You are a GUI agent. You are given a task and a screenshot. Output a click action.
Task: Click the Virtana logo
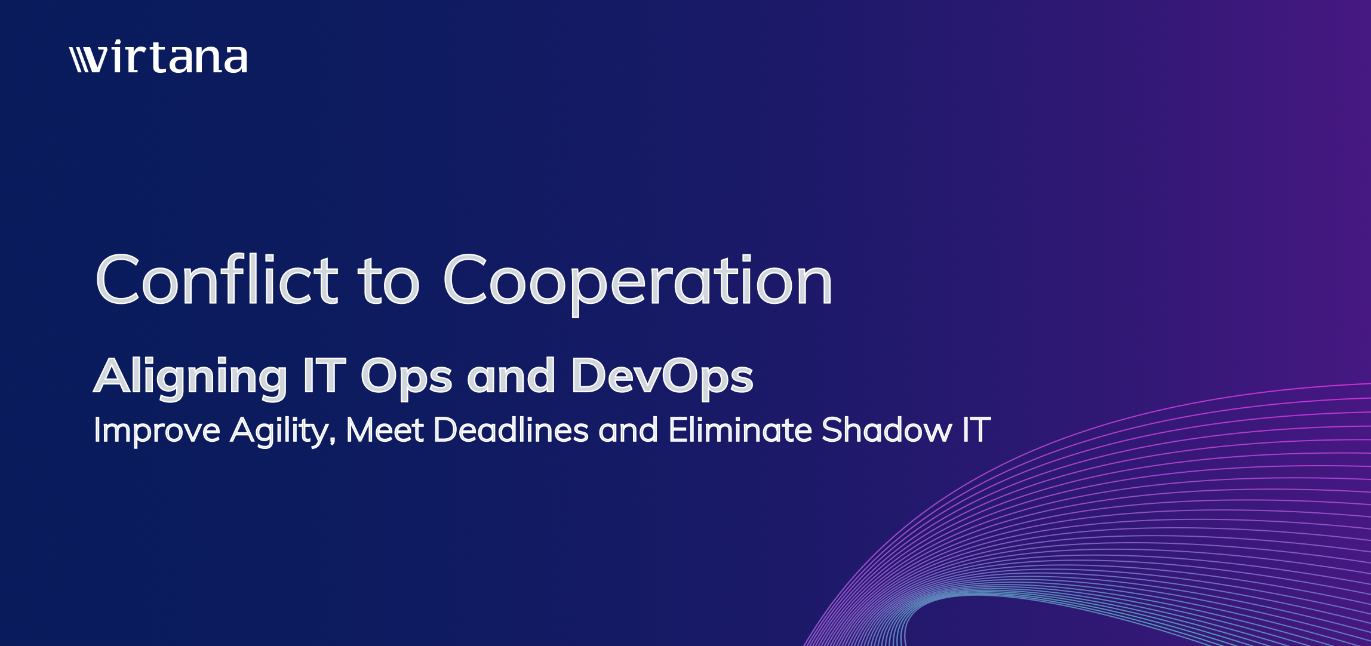[x=158, y=57]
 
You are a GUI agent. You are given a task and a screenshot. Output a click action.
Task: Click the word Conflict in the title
[x=217, y=279]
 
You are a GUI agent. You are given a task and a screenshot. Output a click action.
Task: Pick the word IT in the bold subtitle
[x=324, y=376]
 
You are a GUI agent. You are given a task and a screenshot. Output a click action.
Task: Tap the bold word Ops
[x=406, y=378]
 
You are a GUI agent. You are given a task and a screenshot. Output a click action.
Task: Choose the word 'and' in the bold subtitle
[x=511, y=376]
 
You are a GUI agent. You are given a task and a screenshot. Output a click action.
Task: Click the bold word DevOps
[x=662, y=378]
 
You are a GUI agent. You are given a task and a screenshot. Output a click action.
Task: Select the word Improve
[x=157, y=431]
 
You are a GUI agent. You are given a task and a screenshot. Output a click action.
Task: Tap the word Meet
[x=385, y=430]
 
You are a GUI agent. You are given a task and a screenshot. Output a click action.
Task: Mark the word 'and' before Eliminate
[x=629, y=430]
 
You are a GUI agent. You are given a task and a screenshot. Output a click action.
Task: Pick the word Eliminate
[x=740, y=430]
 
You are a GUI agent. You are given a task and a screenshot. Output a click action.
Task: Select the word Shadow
[x=887, y=430]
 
